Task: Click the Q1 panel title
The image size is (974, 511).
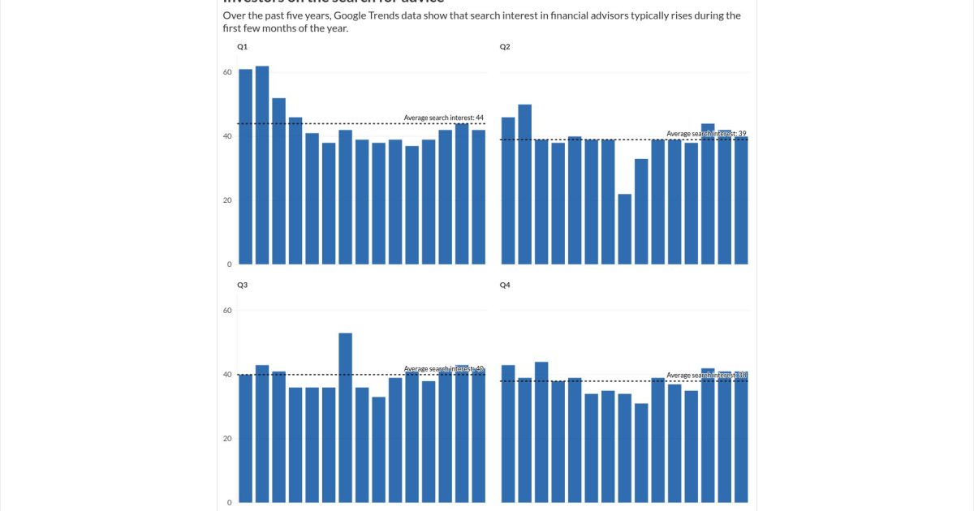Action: [242, 47]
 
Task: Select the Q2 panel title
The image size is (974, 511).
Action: [505, 47]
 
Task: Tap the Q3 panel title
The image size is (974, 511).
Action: [242, 286]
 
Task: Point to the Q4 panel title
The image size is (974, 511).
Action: [505, 286]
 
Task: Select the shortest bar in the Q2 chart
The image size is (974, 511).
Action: [624, 229]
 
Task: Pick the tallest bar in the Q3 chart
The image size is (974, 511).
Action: [345, 417]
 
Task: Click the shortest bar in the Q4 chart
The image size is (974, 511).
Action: [641, 453]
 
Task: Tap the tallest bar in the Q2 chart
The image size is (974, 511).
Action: [524, 184]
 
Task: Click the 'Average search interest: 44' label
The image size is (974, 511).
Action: [443, 118]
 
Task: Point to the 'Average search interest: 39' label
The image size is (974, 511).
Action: [706, 134]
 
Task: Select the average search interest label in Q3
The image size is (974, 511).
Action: [443, 369]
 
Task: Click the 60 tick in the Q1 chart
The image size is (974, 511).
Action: [227, 72]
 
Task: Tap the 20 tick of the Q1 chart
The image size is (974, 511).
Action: [227, 200]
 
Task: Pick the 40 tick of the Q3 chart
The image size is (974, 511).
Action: [227, 375]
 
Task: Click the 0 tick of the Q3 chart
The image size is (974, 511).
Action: [229, 502]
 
